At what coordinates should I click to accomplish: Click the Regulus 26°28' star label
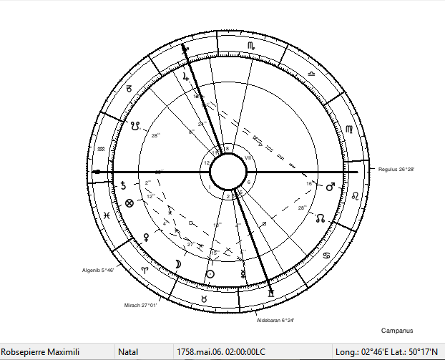397,169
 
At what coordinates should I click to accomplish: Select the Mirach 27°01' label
140,304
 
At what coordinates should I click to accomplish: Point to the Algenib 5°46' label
98,270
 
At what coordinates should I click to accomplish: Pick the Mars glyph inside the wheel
330,188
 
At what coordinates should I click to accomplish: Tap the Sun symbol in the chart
210,273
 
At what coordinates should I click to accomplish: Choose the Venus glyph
147,235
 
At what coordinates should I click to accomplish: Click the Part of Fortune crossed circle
129,203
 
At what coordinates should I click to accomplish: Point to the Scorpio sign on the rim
250,46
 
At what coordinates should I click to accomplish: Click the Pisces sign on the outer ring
105,214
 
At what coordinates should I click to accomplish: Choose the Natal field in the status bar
129,352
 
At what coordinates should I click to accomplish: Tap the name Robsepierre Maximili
43,352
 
